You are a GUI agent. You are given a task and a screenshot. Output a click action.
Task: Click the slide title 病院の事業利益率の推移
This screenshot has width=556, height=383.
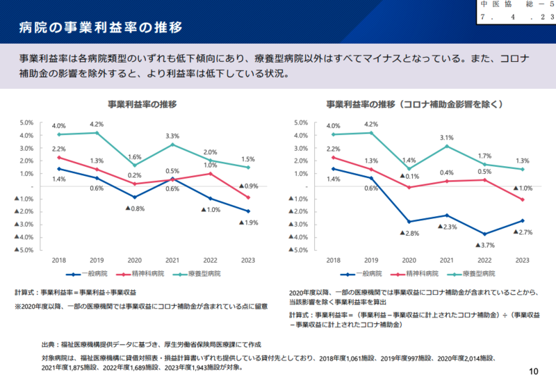[100, 27]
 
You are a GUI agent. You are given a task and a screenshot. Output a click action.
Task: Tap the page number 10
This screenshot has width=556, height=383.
[533, 370]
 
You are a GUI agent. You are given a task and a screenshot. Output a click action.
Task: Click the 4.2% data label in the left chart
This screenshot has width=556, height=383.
[97, 124]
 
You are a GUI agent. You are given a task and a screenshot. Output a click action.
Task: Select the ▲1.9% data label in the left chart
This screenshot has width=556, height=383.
[250, 222]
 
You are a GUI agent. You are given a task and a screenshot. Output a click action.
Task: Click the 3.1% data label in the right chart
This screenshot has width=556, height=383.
[446, 138]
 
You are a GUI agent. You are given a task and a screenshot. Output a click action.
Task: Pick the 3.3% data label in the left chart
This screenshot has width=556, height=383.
[172, 136]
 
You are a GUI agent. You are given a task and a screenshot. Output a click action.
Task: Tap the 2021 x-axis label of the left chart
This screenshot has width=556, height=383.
[172, 259]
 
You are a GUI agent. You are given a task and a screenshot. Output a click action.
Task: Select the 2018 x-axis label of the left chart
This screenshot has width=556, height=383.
[58, 259]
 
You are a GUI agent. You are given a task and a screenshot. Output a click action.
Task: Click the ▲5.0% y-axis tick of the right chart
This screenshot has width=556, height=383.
[297, 250]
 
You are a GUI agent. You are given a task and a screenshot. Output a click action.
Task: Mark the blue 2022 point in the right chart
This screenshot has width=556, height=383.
[484, 234]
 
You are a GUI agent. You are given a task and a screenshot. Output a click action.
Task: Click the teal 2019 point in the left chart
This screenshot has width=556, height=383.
[97, 133]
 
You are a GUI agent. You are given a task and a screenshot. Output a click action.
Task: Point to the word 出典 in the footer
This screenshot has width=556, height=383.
[49, 344]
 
